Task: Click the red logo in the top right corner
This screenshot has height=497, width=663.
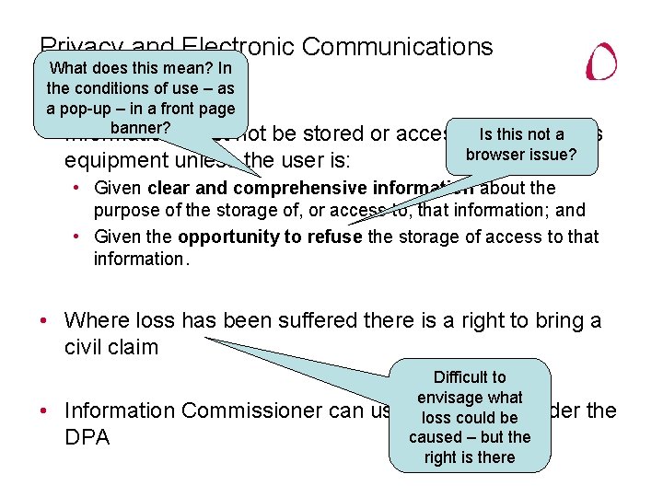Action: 602,62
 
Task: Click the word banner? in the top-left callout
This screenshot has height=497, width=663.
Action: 140,127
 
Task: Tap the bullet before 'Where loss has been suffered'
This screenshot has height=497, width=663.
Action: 44,321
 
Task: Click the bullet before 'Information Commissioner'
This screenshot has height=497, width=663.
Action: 44,410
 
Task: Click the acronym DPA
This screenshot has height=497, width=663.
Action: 87,437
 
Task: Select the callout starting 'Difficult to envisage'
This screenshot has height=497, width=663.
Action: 470,417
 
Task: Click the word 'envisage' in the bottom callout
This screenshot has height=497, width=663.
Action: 470,398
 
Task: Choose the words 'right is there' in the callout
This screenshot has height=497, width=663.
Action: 470,457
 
